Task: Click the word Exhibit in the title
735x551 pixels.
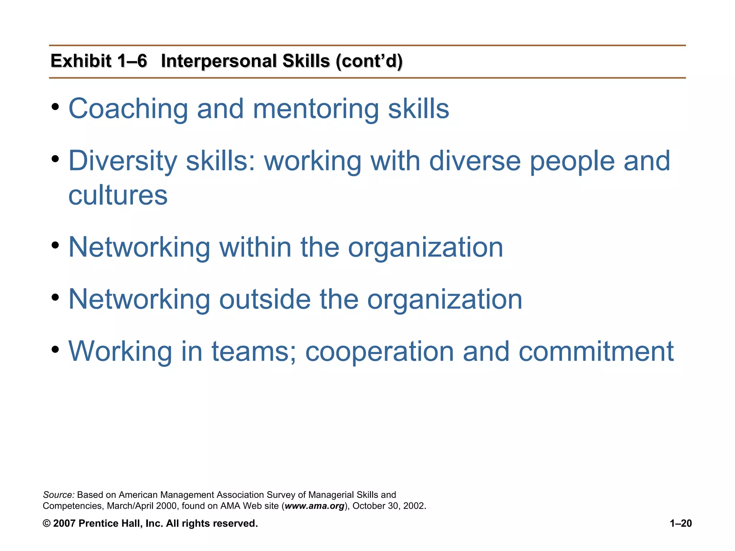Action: (81, 61)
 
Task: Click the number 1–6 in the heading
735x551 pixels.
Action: (132, 61)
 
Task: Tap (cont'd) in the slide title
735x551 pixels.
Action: (369, 61)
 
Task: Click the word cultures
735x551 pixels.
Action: (118, 196)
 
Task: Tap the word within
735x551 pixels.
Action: (255, 247)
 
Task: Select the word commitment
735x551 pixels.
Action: (596, 351)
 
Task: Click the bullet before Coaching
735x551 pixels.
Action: (55, 107)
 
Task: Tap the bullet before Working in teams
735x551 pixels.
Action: (55, 349)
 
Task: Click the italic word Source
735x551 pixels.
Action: (58, 495)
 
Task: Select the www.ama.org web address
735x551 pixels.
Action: (314, 506)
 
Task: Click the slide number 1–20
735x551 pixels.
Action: (681, 523)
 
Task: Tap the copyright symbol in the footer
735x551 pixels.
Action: (47, 523)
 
